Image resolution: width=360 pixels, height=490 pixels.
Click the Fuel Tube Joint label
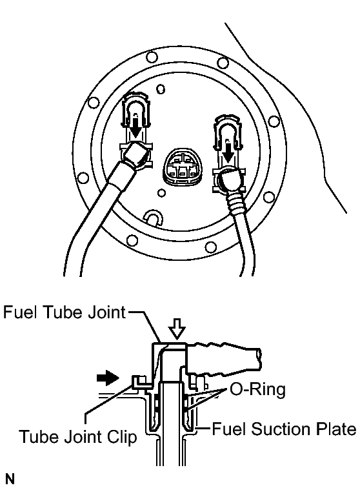65,312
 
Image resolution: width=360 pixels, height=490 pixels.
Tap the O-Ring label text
258,390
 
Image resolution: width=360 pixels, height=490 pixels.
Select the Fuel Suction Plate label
284,429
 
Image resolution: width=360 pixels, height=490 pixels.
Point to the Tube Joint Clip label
78,437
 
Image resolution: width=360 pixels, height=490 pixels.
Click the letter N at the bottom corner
10,479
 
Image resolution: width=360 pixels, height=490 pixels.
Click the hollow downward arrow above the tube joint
177,329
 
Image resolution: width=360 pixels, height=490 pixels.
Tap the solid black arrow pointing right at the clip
108,378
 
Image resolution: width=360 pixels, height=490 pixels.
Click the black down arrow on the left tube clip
135,127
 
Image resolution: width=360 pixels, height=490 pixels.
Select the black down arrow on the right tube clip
228,152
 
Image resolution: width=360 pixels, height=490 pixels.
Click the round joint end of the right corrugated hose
230,181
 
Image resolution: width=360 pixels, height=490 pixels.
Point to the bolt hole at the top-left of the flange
152,57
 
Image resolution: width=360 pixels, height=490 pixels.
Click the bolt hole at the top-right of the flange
223,63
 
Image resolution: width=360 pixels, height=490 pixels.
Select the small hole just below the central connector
161,193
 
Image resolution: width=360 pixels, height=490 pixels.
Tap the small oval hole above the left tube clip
161,89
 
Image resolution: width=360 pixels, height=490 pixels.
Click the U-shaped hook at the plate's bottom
153,217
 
